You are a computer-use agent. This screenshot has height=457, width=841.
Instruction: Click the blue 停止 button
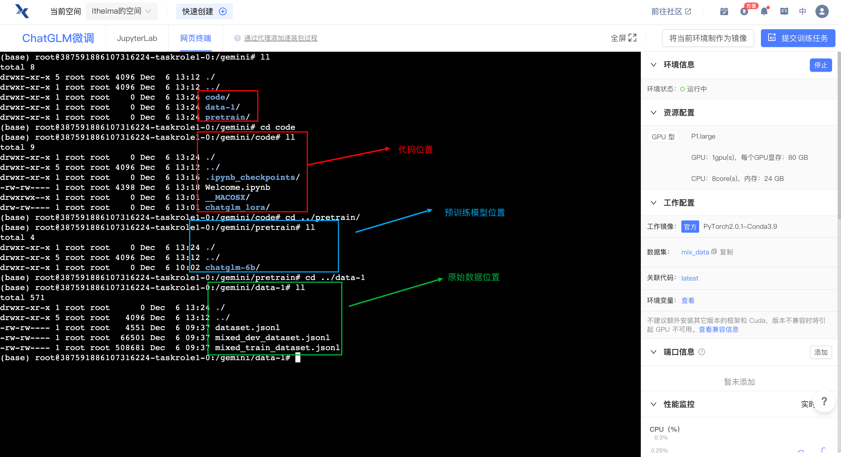point(820,65)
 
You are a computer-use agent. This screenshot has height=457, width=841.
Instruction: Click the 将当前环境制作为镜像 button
point(708,38)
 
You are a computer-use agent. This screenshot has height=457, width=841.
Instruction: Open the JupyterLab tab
point(137,38)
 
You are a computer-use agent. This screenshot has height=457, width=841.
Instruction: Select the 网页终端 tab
point(196,38)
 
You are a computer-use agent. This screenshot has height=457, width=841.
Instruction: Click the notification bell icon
point(764,11)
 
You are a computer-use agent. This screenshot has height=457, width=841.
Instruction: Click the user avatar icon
point(822,11)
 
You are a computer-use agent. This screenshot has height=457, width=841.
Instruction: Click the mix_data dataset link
point(695,252)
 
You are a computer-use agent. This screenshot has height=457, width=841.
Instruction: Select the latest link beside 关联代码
point(689,278)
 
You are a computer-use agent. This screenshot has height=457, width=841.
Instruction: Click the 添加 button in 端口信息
point(820,352)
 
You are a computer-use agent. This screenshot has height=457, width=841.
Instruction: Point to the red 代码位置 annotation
point(415,150)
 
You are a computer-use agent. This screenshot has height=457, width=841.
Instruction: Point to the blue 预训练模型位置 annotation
point(474,213)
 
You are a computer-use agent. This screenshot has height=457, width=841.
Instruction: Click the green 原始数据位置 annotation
point(473,277)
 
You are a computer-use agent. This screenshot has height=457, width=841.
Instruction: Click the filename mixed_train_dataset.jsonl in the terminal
point(277,348)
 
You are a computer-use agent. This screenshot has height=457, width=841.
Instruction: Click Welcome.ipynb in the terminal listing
point(237,188)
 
